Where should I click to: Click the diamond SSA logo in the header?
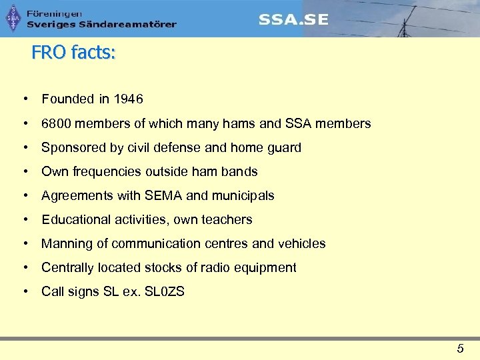click(x=13, y=18)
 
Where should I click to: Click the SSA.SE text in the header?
click(x=293, y=19)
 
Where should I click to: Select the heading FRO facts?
click(x=73, y=53)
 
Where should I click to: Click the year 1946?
click(x=128, y=99)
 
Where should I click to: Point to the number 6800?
click(x=55, y=123)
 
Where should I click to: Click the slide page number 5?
click(x=460, y=347)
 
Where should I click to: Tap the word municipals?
click(x=243, y=195)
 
